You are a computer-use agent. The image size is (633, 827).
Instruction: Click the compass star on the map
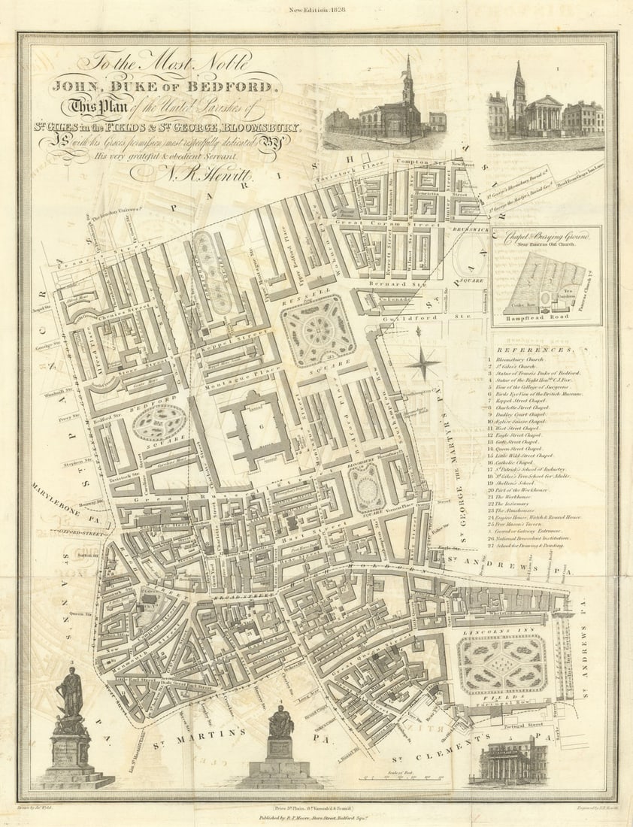[423, 364]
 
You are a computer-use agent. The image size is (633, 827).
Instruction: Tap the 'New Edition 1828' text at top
[316, 11]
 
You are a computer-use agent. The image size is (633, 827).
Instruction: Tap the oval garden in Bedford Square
[159, 423]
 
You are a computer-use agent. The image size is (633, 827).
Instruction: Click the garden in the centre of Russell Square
[319, 330]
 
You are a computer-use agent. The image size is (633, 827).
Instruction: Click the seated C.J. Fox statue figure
[280, 722]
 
